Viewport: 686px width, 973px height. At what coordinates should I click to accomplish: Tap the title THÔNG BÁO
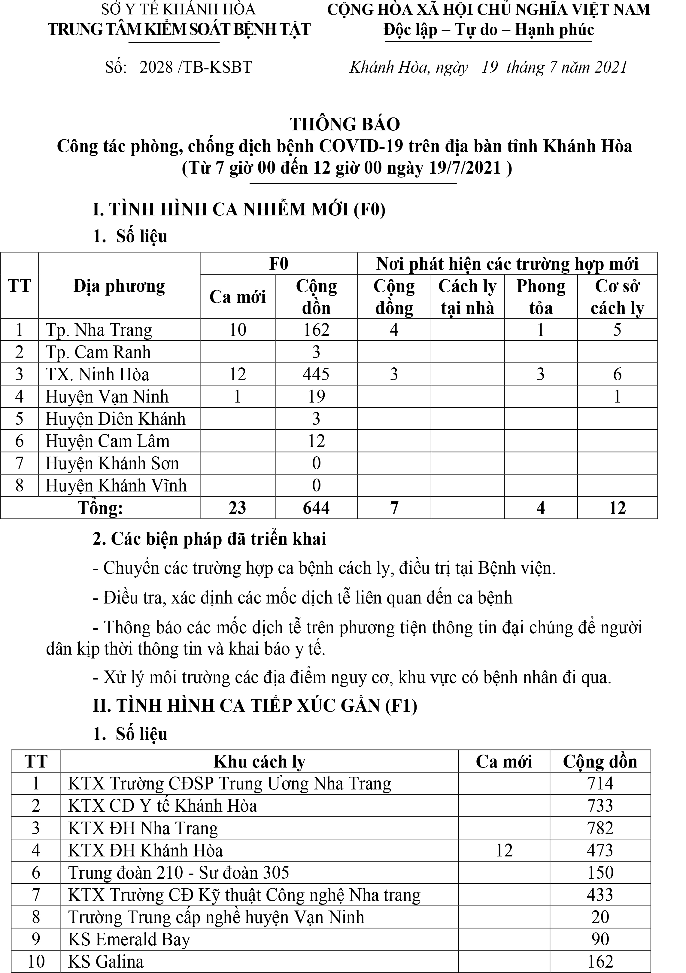click(x=345, y=124)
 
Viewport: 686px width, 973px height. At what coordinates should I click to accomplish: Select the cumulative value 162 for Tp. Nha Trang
click(x=316, y=330)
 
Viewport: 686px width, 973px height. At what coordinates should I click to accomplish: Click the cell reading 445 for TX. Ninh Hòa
click(x=316, y=374)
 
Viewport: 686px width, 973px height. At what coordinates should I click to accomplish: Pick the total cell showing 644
click(x=316, y=508)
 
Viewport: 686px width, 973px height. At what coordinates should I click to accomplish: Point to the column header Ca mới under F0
click(x=237, y=297)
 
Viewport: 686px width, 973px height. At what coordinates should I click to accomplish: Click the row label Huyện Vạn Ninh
click(x=107, y=397)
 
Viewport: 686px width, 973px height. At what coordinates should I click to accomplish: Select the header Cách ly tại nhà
click(x=467, y=297)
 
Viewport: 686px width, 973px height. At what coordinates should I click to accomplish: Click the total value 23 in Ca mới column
click(x=237, y=508)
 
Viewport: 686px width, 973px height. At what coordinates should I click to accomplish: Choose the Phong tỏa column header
click(x=541, y=297)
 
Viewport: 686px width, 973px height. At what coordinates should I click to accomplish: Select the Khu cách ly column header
click(x=259, y=762)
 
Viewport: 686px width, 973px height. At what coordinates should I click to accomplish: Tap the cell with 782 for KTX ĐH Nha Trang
click(x=600, y=828)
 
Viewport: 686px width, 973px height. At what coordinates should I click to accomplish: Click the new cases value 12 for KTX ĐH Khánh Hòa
click(x=504, y=850)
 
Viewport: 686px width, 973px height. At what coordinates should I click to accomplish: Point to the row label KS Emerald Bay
click(x=129, y=939)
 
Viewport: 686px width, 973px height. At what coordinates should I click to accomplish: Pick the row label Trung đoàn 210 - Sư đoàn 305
click(x=178, y=873)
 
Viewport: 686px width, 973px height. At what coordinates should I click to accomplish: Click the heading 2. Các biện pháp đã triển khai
click(x=209, y=539)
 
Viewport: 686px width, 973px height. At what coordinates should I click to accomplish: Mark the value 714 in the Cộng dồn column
click(x=600, y=783)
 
